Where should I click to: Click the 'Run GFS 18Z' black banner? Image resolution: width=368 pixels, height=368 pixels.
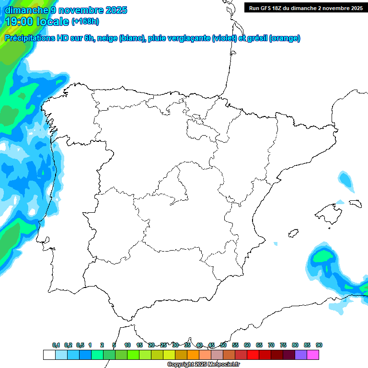tap(306, 8)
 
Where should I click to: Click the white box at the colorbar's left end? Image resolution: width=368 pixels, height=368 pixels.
tap(49, 355)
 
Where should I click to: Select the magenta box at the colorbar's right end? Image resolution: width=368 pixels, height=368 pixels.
tap(313, 355)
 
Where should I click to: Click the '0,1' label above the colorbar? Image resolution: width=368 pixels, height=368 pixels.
tap(56, 345)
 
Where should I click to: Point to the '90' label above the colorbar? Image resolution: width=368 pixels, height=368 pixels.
tap(319, 345)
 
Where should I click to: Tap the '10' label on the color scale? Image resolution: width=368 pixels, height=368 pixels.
tap(127, 345)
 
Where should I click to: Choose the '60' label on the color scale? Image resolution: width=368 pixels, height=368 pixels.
tap(247, 345)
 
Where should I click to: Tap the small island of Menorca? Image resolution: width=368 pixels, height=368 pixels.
tap(355, 203)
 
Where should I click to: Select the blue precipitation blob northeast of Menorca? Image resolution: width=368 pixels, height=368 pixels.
tap(345, 179)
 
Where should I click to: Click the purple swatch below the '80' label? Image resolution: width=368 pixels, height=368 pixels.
tap(301, 355)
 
